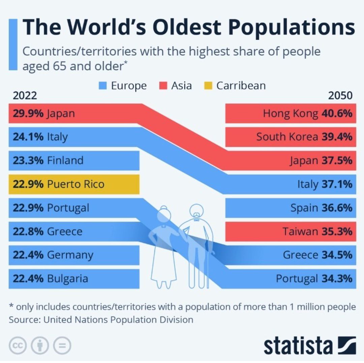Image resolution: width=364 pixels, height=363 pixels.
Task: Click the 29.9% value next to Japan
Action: tap(28, 113)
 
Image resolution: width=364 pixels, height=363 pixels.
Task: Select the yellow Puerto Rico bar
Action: tap(74, 184)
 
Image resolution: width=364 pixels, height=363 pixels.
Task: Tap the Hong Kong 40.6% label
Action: tap(308, 113)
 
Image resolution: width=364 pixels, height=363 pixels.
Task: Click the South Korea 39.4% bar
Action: tap(291, 137)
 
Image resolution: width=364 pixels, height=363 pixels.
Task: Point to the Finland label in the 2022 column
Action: tap(65, 160)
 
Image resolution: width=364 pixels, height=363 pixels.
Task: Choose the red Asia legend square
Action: tap(163, 86)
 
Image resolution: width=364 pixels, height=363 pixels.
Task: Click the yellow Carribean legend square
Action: tap(209, 86)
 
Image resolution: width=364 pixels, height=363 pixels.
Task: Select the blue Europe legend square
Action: tap(103, 86)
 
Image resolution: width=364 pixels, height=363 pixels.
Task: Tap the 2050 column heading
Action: tap(340, 96)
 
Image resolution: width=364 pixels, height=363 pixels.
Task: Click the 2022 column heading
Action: tap(25, 96)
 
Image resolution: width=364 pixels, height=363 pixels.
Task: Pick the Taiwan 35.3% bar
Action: tap(291, 231)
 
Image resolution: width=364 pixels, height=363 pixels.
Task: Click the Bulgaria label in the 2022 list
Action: tap(67, 278)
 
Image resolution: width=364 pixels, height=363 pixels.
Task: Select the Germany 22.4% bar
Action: tap(74, 255)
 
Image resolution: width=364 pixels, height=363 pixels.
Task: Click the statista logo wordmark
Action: tap(298, 345)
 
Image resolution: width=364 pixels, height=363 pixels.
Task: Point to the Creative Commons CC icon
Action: tap(17, 346)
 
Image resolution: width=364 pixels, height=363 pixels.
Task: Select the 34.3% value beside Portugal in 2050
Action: tap(337, 278)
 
